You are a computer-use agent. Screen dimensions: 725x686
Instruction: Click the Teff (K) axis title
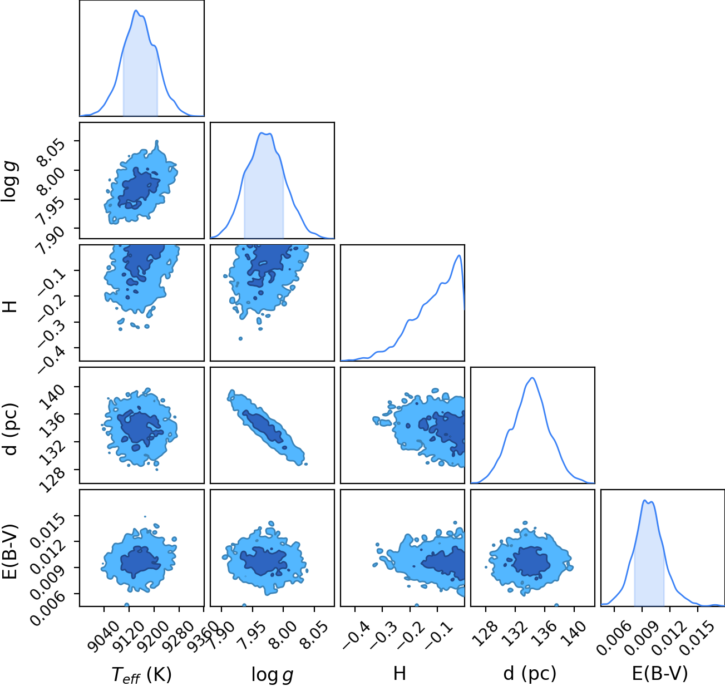coord(142,675)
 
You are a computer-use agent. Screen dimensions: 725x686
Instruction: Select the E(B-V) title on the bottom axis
coord(660,673)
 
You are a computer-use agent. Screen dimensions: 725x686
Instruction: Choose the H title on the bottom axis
coord(400,673)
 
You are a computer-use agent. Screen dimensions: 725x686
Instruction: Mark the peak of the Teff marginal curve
coord(136,11)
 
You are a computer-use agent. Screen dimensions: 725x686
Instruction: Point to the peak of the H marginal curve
coord(458,255)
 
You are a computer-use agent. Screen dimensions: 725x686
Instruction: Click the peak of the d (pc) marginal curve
coord(532,378)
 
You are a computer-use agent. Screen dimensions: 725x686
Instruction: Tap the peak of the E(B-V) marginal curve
coord(644,501)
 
